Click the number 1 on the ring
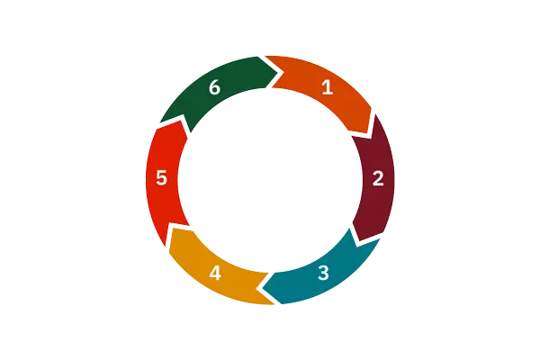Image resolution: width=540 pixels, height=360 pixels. point(328,86)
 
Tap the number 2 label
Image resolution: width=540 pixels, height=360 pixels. point(378,178)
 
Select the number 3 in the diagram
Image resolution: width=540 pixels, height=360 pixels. point(323,273)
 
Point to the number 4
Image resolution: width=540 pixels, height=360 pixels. point(215,274)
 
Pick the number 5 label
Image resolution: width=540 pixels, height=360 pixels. point(161,178)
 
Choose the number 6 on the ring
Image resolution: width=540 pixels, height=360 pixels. point(214,86)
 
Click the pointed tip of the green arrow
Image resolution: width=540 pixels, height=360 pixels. point(277,73)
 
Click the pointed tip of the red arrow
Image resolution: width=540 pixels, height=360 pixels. point(182,121)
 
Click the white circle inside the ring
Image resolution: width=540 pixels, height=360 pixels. point(270,180)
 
